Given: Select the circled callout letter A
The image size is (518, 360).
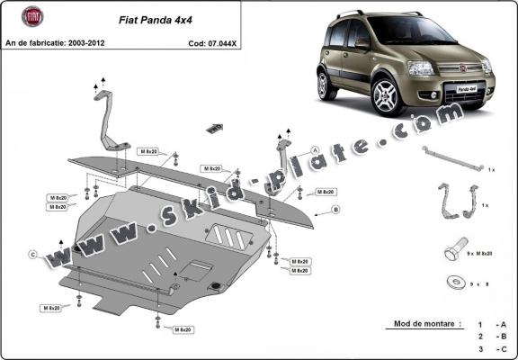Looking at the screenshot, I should point(316,150).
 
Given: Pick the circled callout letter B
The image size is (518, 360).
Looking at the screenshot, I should point(335,210).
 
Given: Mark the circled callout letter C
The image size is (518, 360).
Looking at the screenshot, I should point(32,256).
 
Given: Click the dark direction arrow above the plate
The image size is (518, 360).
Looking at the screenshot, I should point(213,128).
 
